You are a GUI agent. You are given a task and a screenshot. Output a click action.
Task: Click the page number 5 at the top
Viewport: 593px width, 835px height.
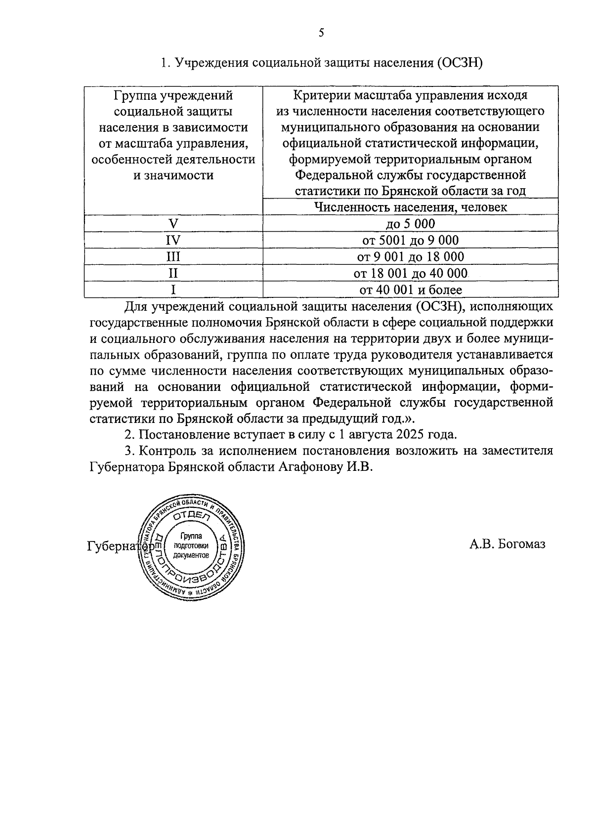click(x=321, y=33)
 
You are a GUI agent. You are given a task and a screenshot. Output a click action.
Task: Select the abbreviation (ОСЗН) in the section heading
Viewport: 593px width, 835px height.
click(x=458, y=63)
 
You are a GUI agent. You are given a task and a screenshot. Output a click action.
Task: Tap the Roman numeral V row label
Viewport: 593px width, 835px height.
click(x=173, y=224)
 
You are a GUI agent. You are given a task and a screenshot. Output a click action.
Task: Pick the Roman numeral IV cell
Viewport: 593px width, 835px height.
click(x=173, y=241)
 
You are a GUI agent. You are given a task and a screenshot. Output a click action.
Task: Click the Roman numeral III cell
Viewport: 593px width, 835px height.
click(x=173, y=257)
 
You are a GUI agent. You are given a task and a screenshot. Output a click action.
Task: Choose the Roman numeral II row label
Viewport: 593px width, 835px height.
click(x=173, y=273)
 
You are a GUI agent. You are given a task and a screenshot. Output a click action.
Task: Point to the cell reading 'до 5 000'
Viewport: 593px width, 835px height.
click(x=410, y=224)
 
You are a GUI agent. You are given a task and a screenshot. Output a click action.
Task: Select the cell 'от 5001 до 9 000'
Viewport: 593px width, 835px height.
click(x=410, y=241)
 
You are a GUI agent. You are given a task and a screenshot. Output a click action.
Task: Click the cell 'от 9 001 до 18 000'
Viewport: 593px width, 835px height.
click(x=410, y=257)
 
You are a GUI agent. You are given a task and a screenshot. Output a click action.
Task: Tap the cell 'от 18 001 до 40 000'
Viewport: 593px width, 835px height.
click(x=410, y=273)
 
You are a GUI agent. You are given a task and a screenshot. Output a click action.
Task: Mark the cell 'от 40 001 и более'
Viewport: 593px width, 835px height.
click(x=410, y=290)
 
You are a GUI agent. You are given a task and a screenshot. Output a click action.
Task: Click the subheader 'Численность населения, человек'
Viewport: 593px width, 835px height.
click(x=410, y=207)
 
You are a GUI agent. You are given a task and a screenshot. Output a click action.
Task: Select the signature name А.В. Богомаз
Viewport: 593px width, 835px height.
click(x=507, y=544)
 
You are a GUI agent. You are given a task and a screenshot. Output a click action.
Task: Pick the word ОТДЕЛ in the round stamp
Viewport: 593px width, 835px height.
click(x=192, y=516)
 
